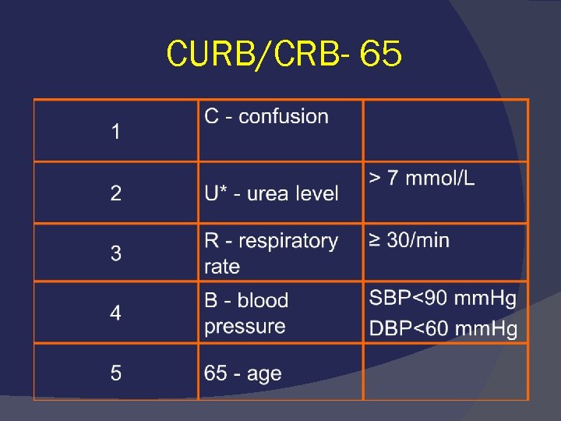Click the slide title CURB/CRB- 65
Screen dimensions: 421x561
284,55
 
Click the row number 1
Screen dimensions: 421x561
116,133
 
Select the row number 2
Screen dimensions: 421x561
116,193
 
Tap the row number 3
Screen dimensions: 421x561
116,253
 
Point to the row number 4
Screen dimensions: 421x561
116,313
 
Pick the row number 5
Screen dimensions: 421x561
116,373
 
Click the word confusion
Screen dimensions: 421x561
284,117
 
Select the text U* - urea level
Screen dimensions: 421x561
271,193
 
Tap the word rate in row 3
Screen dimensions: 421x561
222,267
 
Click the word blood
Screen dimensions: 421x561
263,300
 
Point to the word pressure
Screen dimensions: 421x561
245,326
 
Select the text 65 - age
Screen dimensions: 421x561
242,373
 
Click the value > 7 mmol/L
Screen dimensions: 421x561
422,179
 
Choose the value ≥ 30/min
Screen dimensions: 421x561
409,240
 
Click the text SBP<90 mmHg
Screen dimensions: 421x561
443,299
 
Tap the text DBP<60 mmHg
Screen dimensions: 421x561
443,329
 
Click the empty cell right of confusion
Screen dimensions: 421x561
446,131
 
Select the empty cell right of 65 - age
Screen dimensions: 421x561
446,372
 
